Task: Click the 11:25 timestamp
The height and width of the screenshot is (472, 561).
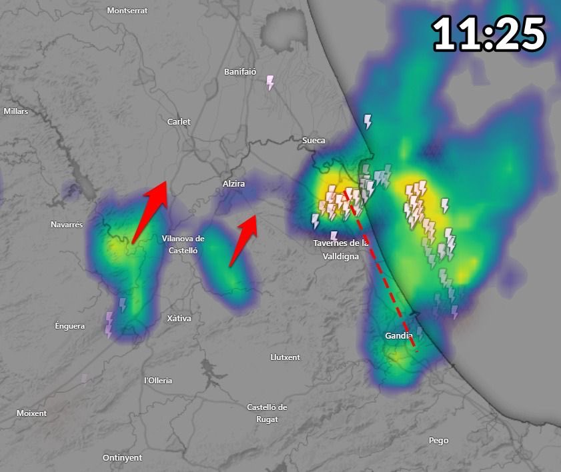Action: pos(489,33)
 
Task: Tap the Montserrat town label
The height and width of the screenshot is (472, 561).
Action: pos(127,11)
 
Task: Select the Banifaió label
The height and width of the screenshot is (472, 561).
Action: pos(240,71)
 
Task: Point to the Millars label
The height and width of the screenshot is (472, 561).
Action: pos(16,111)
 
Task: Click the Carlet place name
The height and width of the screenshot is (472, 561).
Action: pos(179,121)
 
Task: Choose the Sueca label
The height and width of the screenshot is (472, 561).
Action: pos(314,141)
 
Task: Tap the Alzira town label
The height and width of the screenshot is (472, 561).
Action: pos(233,183)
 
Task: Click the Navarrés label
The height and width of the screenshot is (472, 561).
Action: pos(67,225)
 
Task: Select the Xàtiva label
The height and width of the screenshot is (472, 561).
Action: pos(179,319)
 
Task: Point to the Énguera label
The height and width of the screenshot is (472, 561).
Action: pos(69,326)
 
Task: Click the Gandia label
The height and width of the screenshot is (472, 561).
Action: pos(399,335)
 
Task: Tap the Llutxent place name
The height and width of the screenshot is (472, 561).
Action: pos(285,357)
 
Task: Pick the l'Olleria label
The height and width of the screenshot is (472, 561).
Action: pos(158,380)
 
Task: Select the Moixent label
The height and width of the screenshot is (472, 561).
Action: pos(31,413)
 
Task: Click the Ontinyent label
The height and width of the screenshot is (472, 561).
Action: pos(122,457)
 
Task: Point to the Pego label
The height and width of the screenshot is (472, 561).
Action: pos(438,440)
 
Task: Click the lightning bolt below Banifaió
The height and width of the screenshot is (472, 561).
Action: pos(270,83)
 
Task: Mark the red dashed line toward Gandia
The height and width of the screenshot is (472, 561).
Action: pos(381,270)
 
